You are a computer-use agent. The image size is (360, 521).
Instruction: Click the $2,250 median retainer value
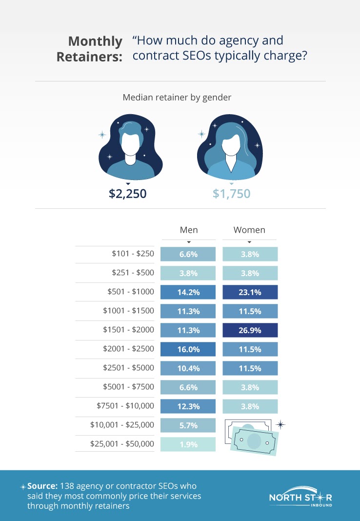[128, 194]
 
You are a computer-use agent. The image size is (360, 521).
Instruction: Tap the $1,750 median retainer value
[231, 194]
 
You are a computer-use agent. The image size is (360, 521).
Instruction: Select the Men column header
[189, 230]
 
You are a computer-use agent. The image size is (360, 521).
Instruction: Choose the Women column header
[249, 230]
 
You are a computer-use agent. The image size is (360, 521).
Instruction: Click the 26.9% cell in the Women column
[250, 330]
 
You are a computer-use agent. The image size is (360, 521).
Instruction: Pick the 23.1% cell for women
[250, 292]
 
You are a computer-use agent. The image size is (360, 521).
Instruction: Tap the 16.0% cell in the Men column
[188, 349]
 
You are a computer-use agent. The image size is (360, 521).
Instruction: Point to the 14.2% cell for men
[188, 292]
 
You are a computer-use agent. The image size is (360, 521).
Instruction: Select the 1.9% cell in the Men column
[188, 444]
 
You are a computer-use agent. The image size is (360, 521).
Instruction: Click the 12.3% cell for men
[188, 406]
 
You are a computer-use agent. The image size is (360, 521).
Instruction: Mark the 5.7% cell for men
[188, 425]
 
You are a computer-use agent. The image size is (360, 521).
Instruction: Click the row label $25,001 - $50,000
[122, 444]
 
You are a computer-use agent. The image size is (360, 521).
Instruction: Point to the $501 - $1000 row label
[131, 292]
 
